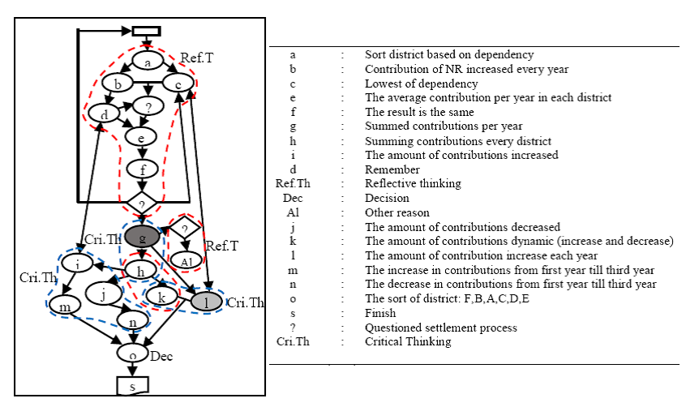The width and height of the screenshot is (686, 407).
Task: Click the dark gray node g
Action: tap(142, 237)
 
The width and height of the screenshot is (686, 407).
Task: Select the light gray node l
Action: tap(207, 302)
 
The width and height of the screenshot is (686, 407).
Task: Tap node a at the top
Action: tap(148, 62)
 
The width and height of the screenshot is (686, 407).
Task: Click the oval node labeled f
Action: tap(142, 169)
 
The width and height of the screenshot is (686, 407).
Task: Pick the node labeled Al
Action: tap(187, 261)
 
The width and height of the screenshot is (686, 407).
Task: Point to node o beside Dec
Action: tap(132, 353)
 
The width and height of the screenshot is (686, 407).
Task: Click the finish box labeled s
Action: tap(132, 386)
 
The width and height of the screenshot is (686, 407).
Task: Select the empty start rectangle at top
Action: tap(147, 31)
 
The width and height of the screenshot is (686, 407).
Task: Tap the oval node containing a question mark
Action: tap(148, 106)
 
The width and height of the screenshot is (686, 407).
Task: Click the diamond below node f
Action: tap(142, 203)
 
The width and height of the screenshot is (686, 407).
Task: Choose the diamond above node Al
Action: tap(185, 228)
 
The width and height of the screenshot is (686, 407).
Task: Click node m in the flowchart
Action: tap(65, 306)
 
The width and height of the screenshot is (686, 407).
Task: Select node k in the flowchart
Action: tap(161, 296)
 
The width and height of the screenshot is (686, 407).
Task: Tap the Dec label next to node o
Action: tap(161, 357)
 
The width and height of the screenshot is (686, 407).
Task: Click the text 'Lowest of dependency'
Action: tap(422, 84)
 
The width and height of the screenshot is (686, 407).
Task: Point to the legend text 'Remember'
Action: tap(392, 169)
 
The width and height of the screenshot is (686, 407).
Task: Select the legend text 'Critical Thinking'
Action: tap(408, 341)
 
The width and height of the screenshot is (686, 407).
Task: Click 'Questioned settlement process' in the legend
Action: tap(441, 328)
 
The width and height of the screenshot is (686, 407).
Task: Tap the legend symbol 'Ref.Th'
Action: tap(293, 183)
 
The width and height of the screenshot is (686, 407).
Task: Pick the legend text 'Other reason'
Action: tap(397, 212)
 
